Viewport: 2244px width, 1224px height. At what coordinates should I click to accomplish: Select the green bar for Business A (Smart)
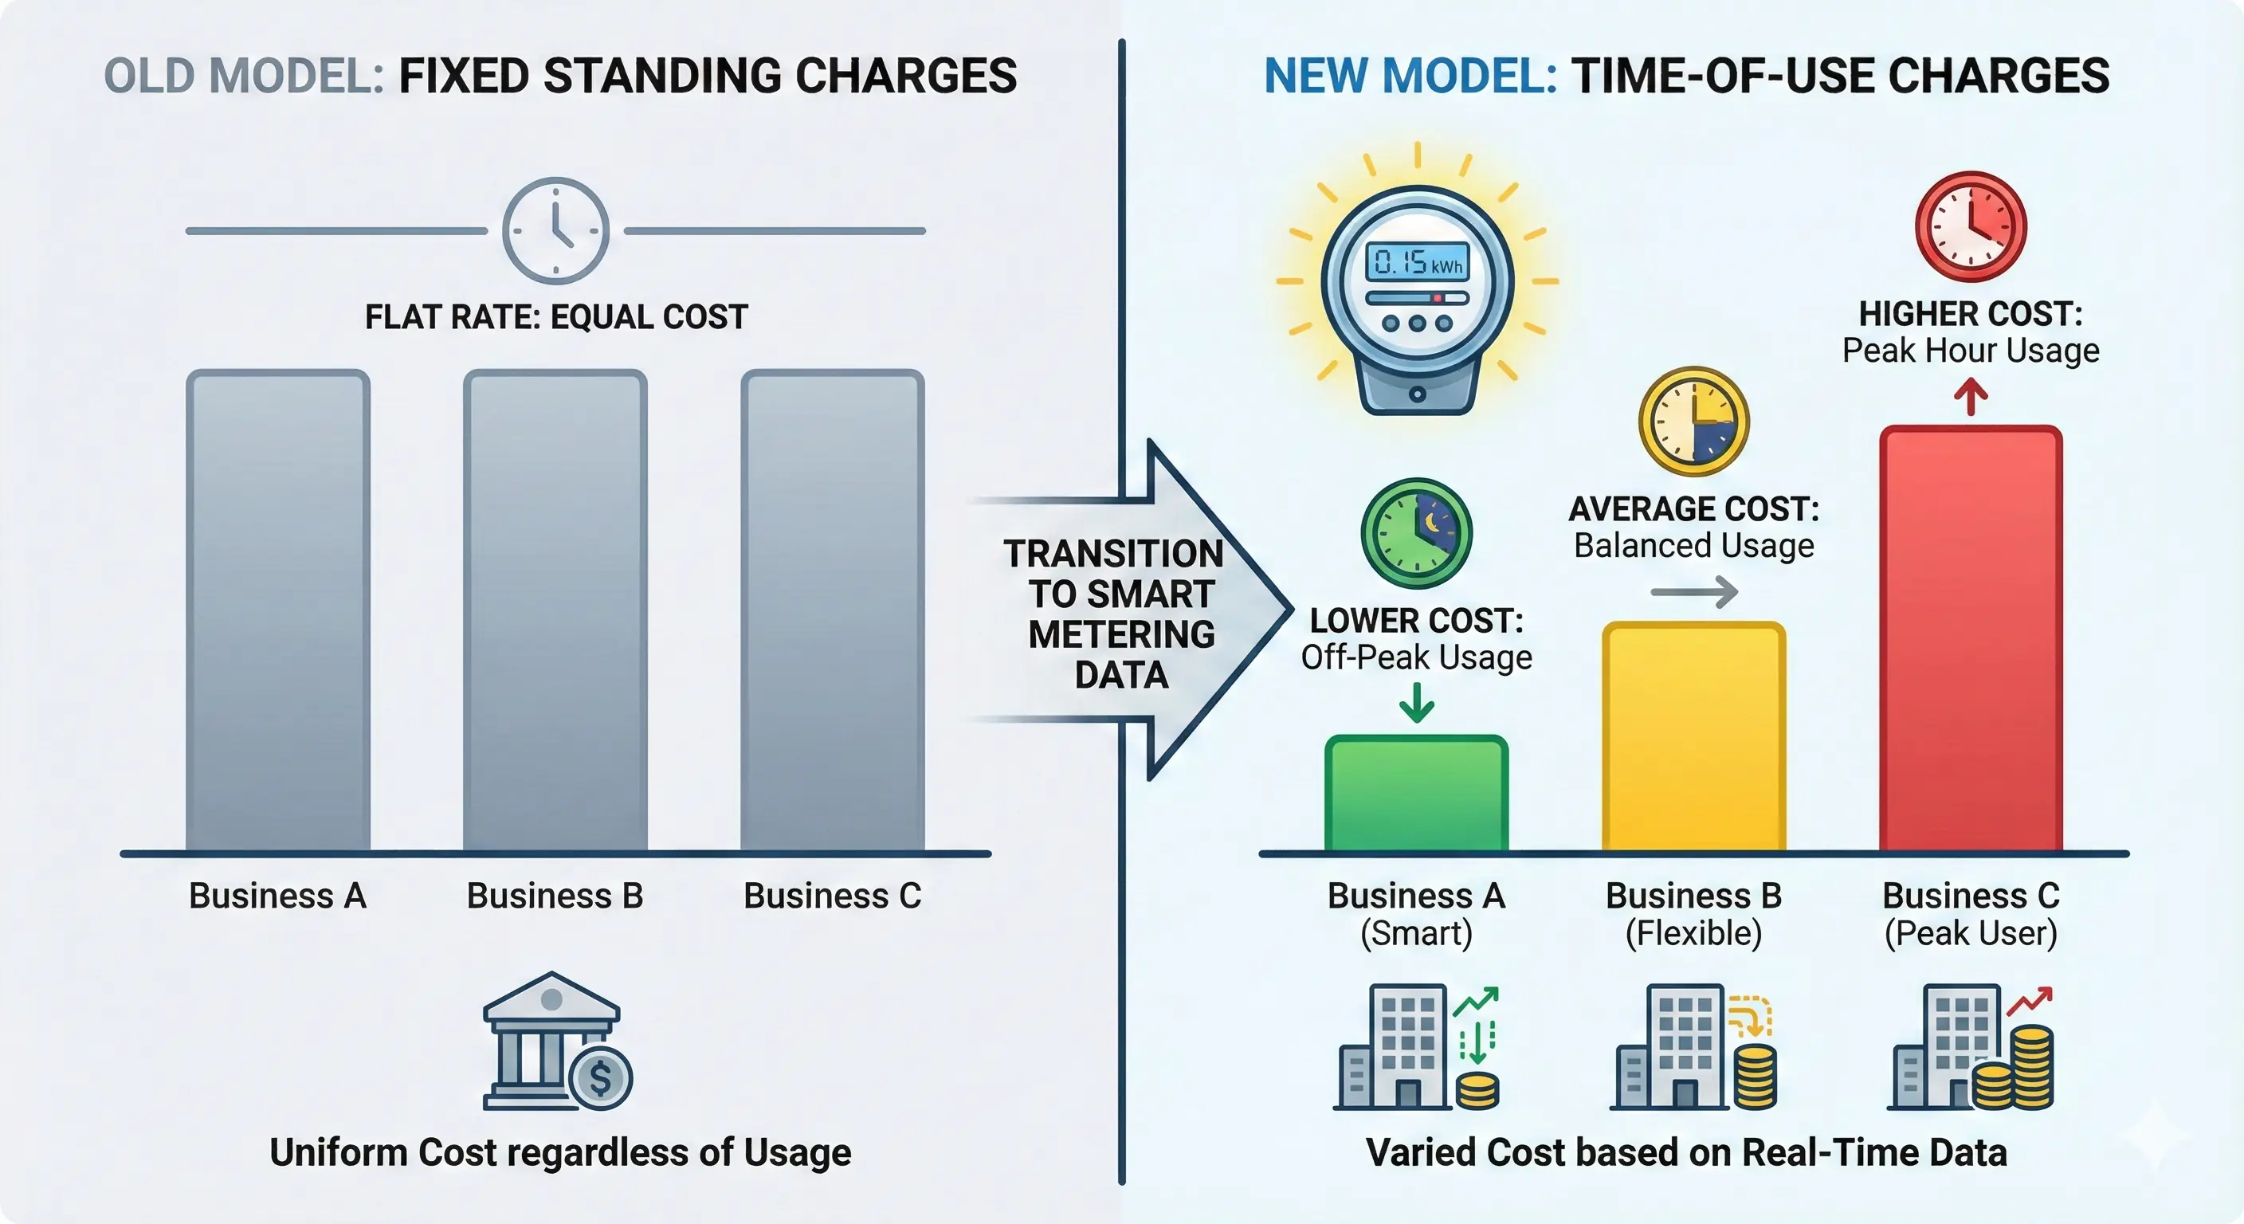coord(1416,793)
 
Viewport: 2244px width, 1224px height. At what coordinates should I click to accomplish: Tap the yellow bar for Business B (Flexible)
coord(1693,736)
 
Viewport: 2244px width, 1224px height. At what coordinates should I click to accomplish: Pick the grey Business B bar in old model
coord(555,610)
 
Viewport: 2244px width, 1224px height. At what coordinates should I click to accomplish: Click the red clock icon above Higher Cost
coord(1971,226)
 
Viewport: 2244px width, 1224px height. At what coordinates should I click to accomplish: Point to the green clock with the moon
coord(1416,533)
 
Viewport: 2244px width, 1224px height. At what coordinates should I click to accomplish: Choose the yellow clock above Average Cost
coord(1693,422)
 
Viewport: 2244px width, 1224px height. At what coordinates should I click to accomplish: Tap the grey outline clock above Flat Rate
coord(555,231)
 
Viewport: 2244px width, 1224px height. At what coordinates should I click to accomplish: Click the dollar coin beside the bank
coord(600,1078)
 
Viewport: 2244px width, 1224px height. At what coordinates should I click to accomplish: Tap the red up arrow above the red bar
coord(1971,398)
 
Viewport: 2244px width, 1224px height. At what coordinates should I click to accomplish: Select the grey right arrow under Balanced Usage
coord(1693,592)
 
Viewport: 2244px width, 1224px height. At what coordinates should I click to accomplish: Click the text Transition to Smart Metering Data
coord(1120,614)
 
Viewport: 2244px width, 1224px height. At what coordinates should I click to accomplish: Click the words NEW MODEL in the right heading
coord(1410,76)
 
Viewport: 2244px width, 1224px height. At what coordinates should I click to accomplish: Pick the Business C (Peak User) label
coord(1971,914)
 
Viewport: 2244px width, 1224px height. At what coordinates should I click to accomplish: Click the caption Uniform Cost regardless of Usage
coord(560,1151)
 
